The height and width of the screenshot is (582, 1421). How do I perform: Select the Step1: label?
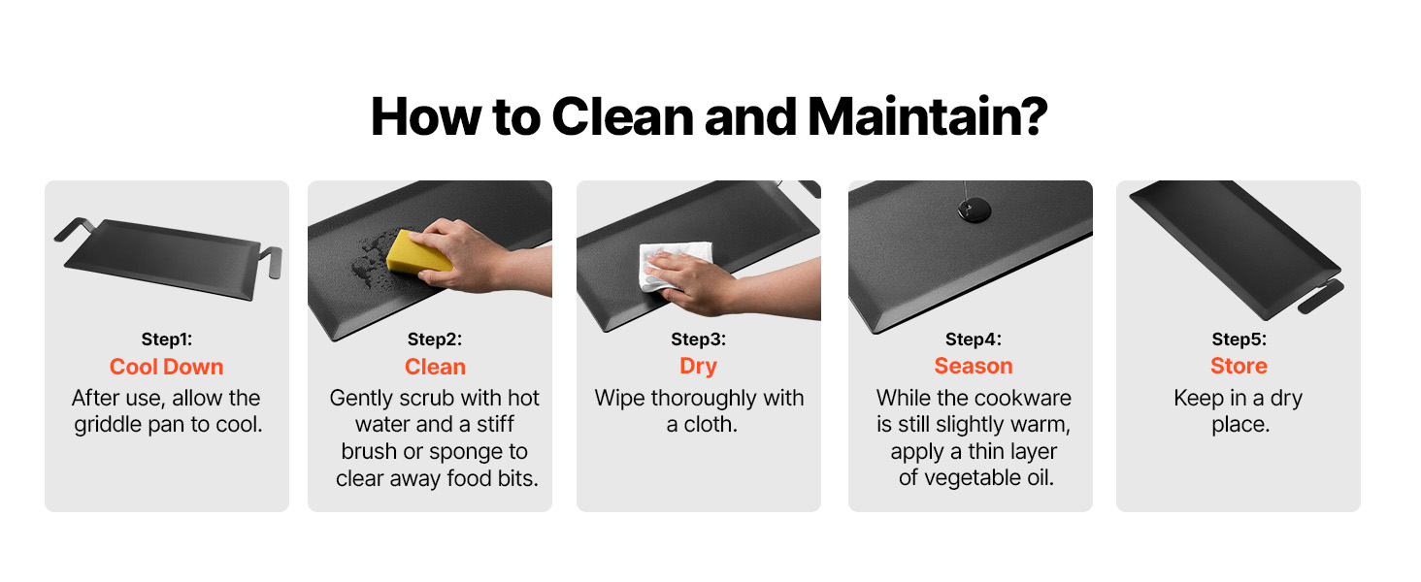[x=167, y=339]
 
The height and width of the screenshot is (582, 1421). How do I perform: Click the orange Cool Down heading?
[x=166, y=367]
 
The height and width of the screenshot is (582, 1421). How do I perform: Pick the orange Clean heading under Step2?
[x=435, y=367]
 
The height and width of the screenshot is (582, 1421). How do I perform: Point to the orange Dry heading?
[x=699, y=366]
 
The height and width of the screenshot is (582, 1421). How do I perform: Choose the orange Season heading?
[x=974, y=366]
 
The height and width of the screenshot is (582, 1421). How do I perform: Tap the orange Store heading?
[x=1239, y=366]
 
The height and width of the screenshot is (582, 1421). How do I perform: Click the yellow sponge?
[x=415, y=253]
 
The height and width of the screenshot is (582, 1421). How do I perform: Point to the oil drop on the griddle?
[x=974, y=210]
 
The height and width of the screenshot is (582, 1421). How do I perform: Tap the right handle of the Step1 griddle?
[x=272, y=261]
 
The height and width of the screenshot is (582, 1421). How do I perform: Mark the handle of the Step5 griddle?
[x=1321, y=296]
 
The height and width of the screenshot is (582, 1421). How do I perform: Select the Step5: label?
[x=1239, y=339]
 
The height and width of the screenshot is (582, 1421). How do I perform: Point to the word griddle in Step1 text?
[x=108, y=425]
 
